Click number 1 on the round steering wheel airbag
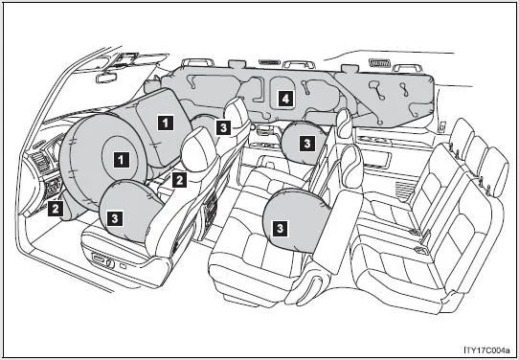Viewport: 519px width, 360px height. [122, 160]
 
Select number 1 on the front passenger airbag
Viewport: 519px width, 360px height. [166, 123]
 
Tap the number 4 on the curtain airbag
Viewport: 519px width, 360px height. [285, 99]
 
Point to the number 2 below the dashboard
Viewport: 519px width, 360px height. [56, 208]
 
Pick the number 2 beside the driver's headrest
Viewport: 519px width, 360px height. [179, 180]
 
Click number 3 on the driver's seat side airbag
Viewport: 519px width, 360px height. [115, 217]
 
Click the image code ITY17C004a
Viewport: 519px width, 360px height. [486, 349]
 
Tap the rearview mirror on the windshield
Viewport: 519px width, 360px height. [106, 78]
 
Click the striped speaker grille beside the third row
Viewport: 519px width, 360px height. [405, 191]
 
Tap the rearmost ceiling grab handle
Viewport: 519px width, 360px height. [407, 68]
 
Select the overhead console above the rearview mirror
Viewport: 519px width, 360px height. [127, 60]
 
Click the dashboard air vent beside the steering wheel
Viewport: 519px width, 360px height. [40, 163]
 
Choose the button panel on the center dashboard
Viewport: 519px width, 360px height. [53, 188]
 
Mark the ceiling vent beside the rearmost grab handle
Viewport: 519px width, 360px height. [378, 62]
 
